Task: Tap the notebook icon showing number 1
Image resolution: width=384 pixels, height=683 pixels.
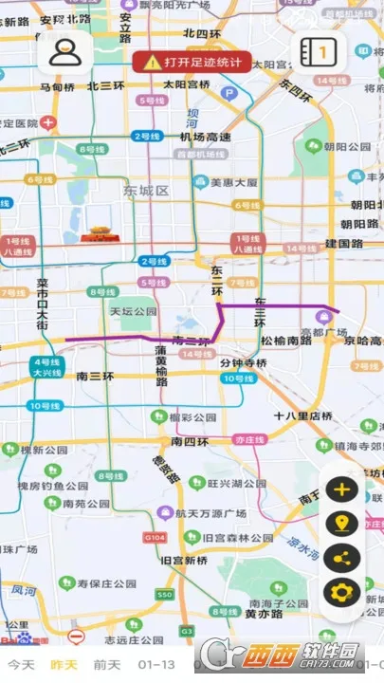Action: click(x=320, y=50)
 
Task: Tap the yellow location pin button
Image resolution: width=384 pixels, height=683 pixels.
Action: click(x=341, y=524)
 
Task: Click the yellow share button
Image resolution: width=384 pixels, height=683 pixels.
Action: click(x=341, y=558)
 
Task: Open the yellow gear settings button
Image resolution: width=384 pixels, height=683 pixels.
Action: click(x=341, y=592)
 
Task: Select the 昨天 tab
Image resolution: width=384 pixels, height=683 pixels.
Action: click(x=64, y=664)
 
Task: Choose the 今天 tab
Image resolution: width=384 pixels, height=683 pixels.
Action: click(x=21, y=664)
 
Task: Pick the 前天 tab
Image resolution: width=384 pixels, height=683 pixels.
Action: click(x=106, y=664)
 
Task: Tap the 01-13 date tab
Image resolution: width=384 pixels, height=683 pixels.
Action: click(x=155, y=664)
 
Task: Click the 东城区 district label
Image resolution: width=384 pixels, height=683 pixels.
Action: click(x=145, y=191)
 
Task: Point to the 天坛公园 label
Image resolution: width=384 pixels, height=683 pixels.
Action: click(x=133, y=311)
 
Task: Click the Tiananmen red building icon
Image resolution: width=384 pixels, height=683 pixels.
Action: click(x=101, y=231)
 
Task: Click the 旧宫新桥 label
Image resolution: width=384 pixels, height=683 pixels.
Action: click(x=183, y=561)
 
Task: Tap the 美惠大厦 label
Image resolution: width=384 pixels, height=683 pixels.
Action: click(x=233, y=182)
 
